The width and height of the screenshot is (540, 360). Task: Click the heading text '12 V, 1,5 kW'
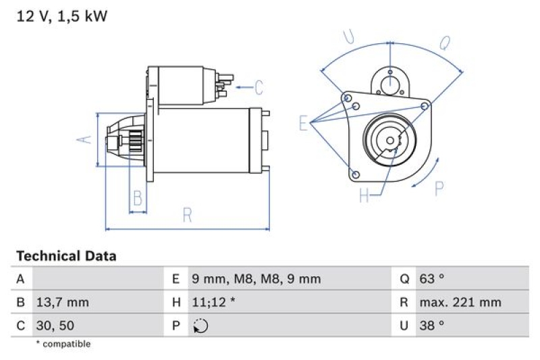61,17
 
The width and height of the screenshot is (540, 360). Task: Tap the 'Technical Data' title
66,256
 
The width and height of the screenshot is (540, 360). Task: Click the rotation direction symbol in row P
200,326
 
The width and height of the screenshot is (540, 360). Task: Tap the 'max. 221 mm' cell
460,302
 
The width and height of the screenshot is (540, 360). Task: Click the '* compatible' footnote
63,344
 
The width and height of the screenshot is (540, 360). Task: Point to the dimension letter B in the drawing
138,198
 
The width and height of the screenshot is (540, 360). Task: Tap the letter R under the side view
188,215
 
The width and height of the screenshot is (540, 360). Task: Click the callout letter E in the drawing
304,123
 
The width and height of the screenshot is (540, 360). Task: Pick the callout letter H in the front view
364,196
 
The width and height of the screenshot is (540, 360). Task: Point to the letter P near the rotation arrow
439,188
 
